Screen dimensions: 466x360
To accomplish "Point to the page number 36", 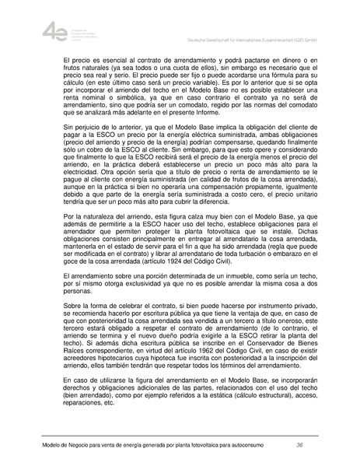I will (299, 445).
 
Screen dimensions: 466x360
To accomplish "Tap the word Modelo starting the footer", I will (32, 445).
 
